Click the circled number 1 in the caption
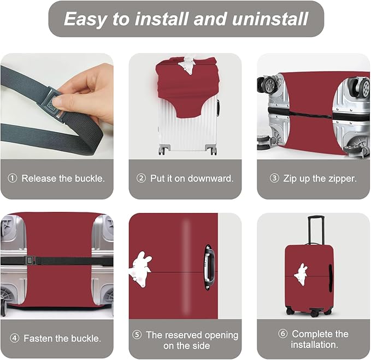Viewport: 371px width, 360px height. tap(13, 179)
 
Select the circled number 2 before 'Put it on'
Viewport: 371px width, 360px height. tap(141, 179)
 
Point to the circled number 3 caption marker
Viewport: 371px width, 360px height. tap(274, 179)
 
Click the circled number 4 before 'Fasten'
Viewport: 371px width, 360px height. tap(14, 339)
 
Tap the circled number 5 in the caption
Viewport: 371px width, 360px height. tap(137, 334)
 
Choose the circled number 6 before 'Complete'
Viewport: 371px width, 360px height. tap(283, 334)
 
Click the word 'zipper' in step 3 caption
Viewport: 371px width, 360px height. tap(340, 179)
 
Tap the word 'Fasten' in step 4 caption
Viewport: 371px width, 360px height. tap(39, 339)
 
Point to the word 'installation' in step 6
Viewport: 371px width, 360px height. tap(314, 345)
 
